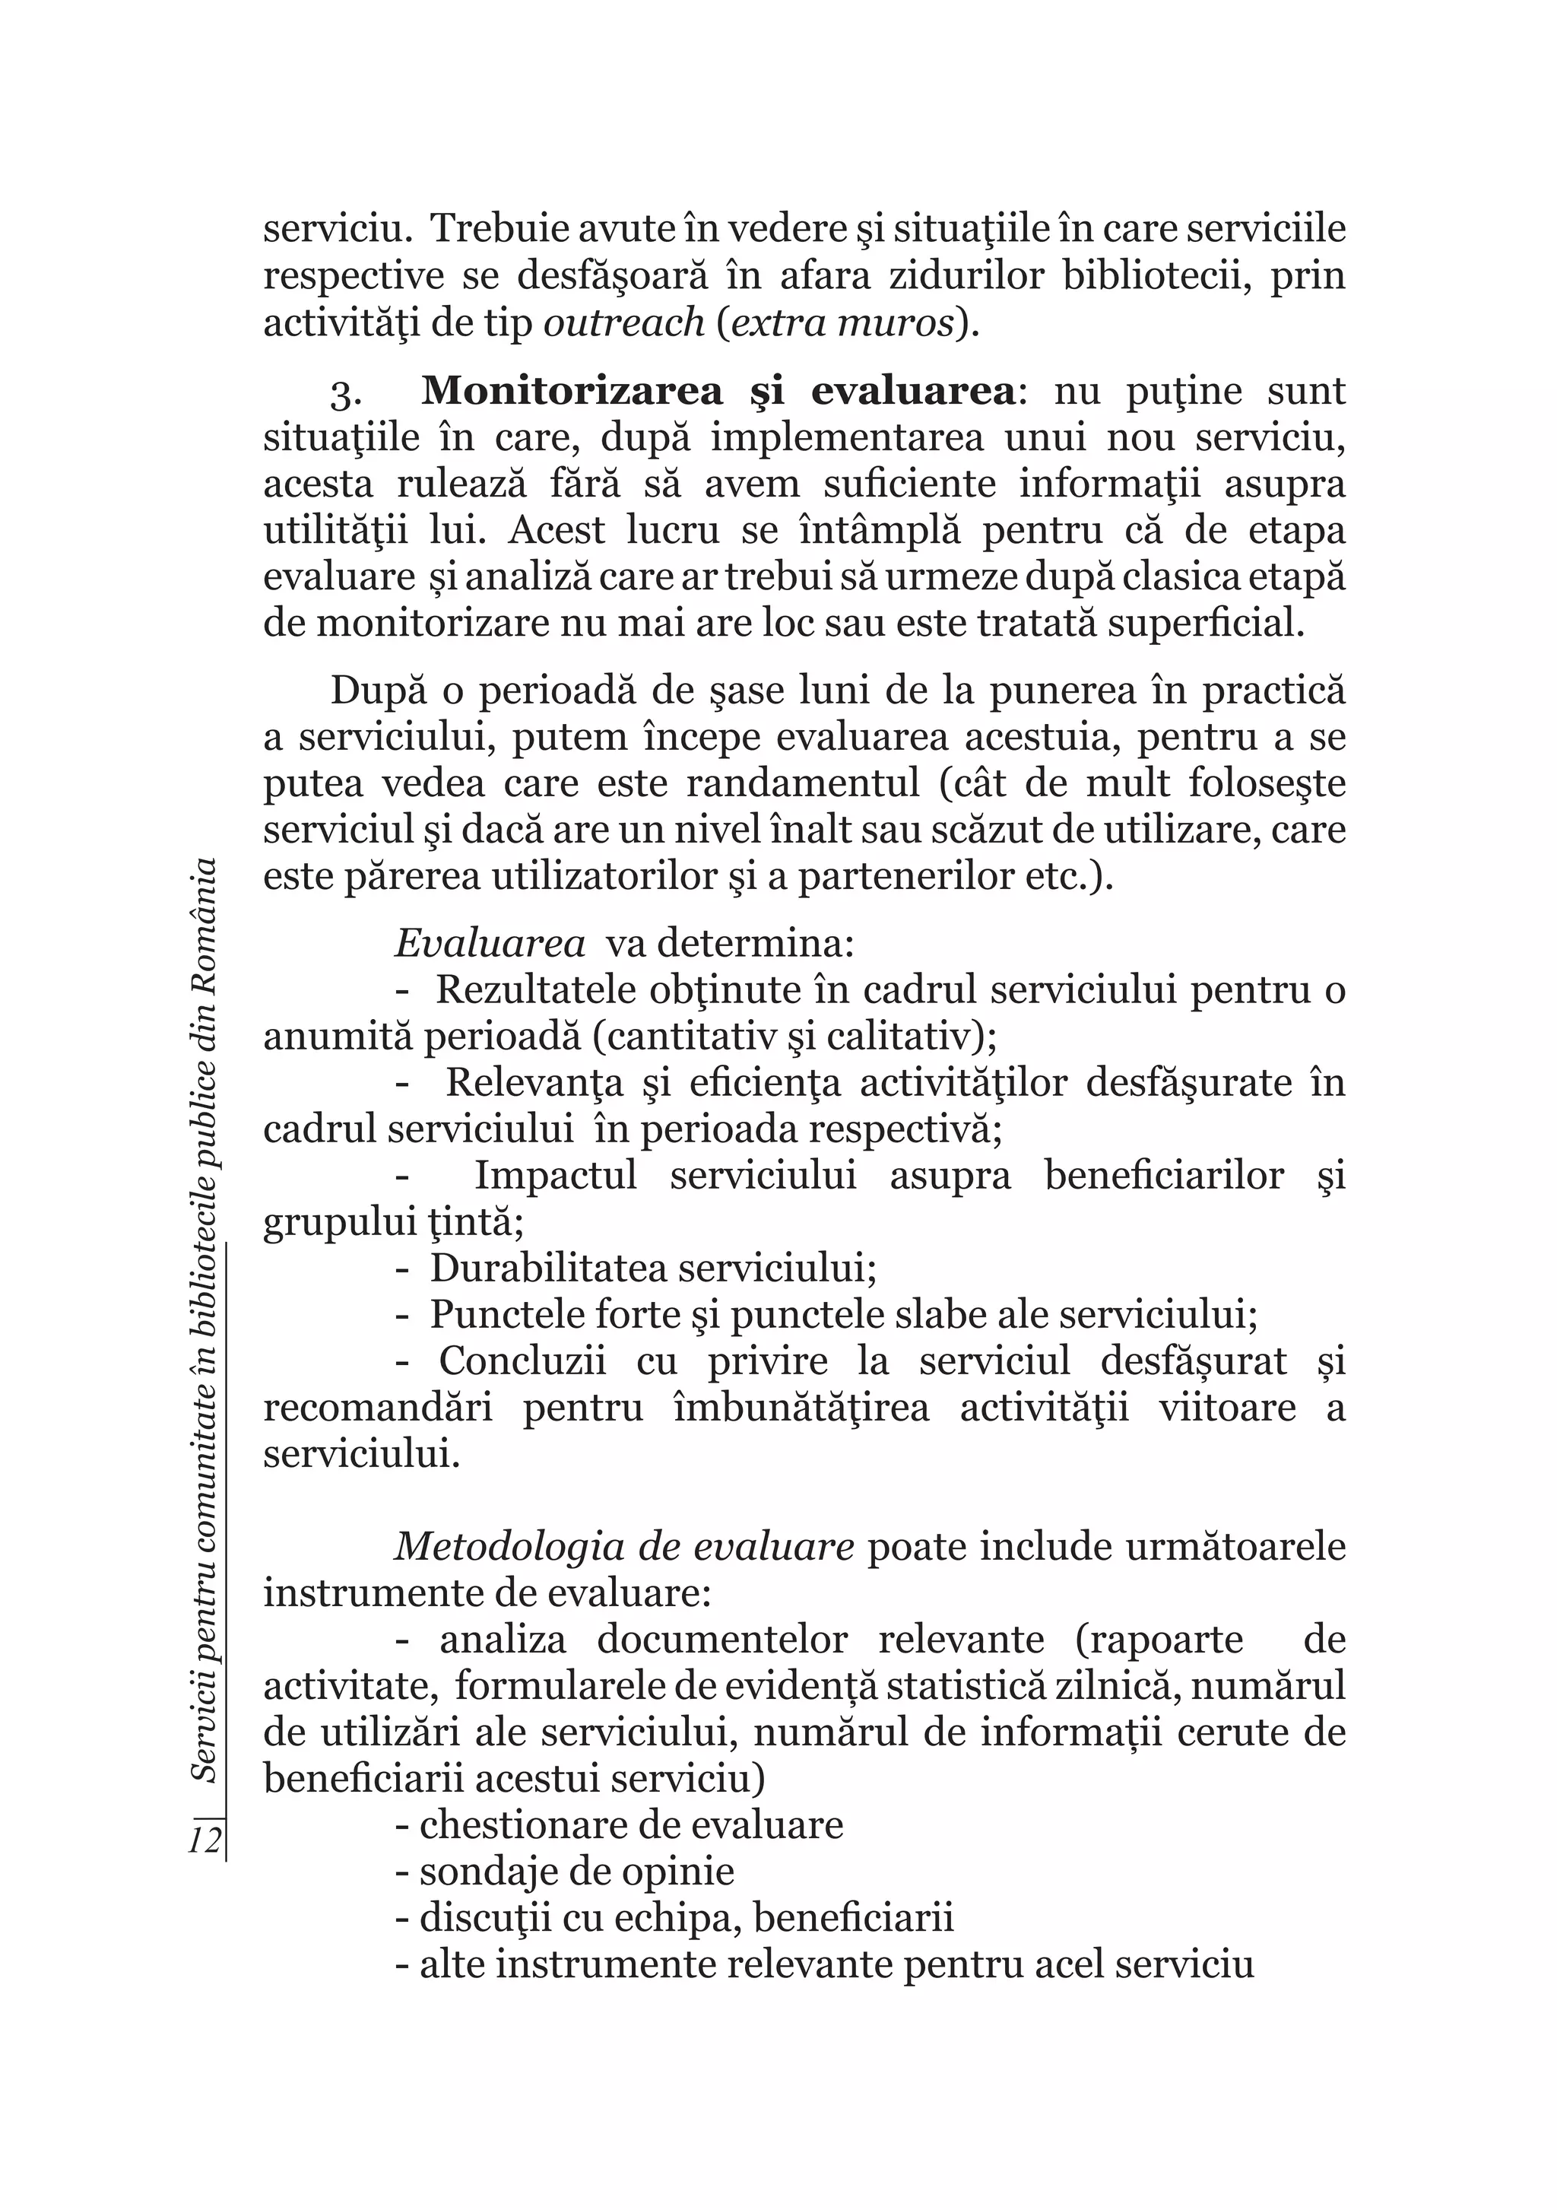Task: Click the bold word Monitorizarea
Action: (572, 392)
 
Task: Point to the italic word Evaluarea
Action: (490, 945)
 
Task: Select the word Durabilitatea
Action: (547, 1269)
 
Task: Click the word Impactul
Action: (555, 1176)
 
